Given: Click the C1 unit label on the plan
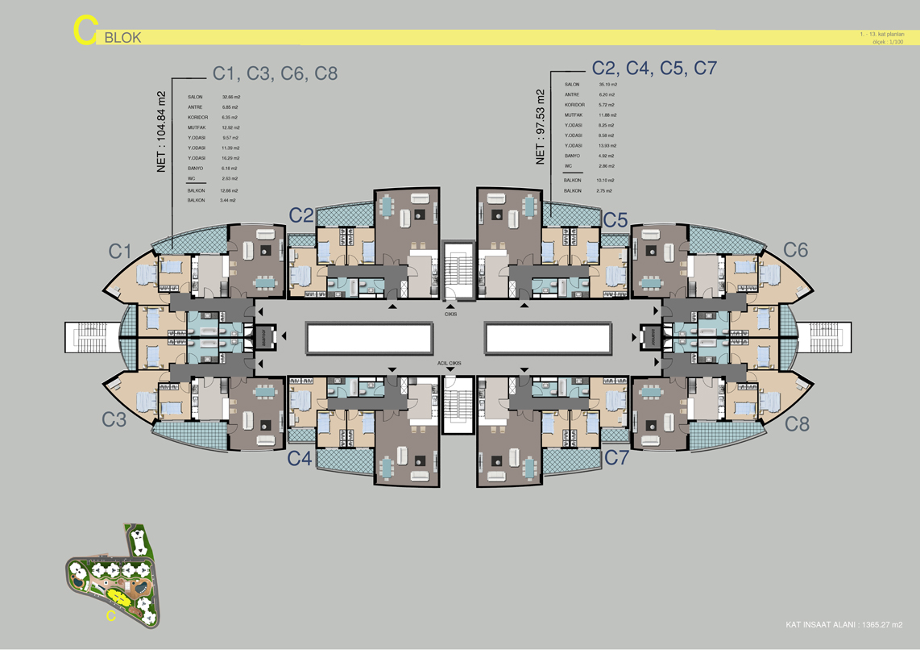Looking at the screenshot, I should click(121, 252).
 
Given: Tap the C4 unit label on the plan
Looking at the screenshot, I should click(300, 458).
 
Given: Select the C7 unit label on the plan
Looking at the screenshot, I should click(616, 458).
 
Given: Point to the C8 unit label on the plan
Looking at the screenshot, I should click(796, 423).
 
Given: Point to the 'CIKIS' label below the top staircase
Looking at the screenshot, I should click(450, 315).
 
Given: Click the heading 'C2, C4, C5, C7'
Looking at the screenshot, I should click(654, 69).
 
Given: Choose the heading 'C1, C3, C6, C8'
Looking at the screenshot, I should click(275, 73).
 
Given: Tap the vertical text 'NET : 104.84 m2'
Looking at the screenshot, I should click(161, 129).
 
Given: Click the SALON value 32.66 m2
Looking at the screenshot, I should click(230, 97).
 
